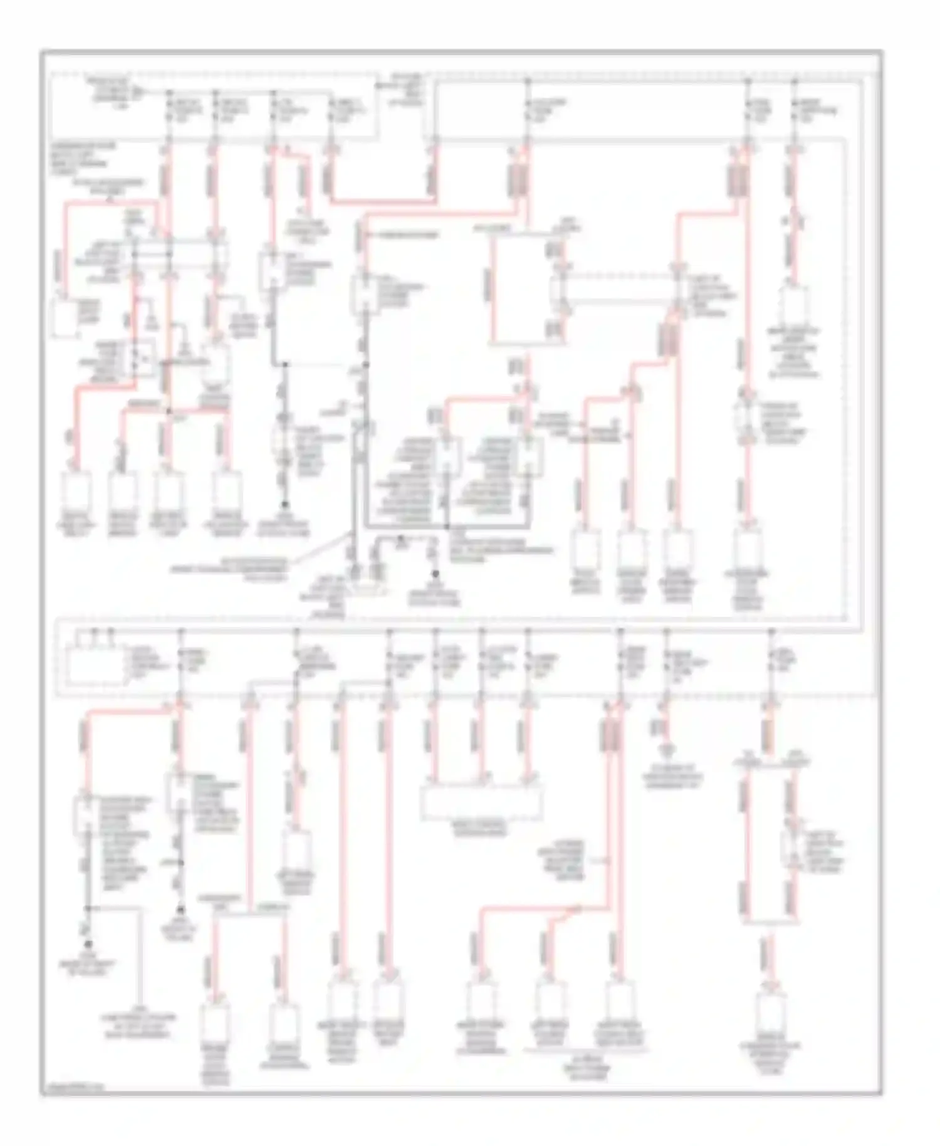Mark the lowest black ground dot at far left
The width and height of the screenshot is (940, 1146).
click(x=89, y=943)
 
